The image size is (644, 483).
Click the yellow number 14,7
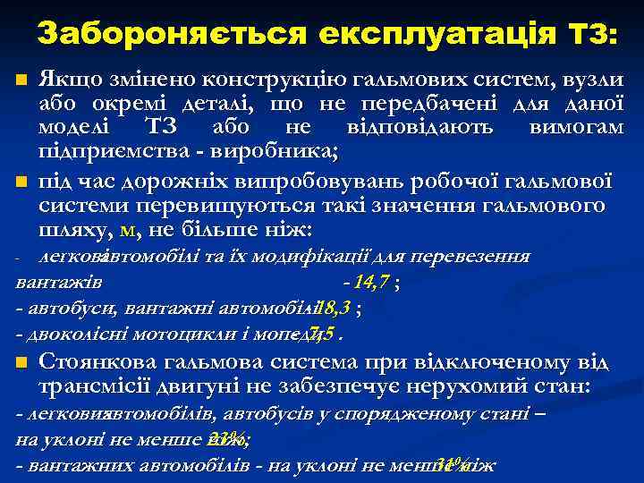370,284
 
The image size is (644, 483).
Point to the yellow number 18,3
336,309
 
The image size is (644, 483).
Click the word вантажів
58,284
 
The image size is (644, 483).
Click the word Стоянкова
98,364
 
